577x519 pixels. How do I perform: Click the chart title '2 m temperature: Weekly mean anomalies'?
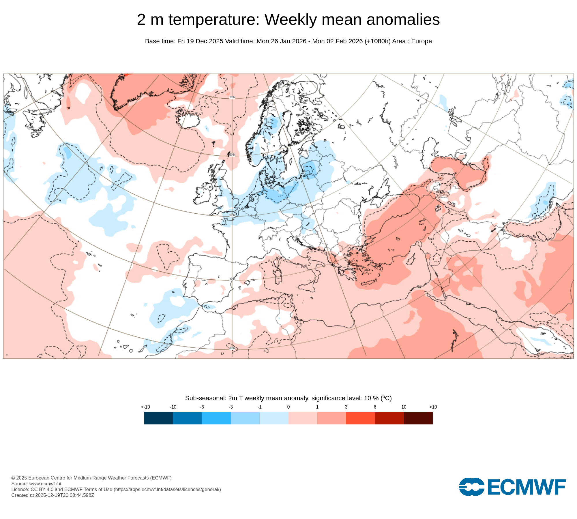[288, 20]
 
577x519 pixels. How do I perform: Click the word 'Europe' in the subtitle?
[421, 41]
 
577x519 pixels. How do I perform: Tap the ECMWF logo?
[512, 487]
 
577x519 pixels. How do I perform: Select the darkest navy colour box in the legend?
[159, 418]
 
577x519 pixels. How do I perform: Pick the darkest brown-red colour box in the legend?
[418, 418]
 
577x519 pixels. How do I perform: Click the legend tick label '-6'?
[202, 407]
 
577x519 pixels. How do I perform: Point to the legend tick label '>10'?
[433, 407]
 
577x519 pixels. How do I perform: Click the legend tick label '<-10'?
[145, 407]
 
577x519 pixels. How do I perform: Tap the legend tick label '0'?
[288, 407]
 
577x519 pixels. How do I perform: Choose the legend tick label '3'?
[346, 407]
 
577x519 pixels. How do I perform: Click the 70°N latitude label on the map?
[232, 97]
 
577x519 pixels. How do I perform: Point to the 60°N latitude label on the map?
[232, 155]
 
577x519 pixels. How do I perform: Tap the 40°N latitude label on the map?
[232, 279]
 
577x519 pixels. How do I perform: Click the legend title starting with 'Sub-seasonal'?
[288, 398]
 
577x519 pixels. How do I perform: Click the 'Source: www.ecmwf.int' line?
[36, 484]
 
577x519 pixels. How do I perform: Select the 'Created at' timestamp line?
[53, 495]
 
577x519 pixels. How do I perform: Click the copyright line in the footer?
[91, 478]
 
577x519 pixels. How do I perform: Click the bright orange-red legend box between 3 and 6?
[360, 418]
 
